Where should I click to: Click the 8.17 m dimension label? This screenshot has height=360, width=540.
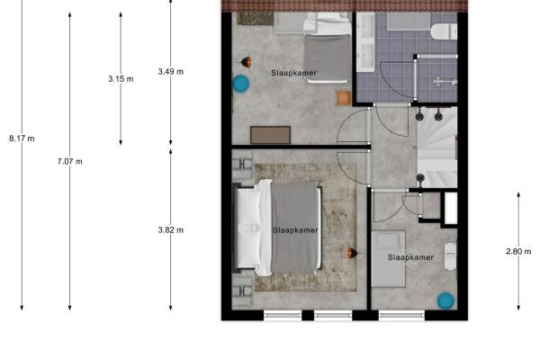tap(22, 139)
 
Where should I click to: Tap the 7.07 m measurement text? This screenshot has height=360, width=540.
tap(70, 161)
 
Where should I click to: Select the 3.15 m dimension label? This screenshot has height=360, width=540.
tap(121, 79)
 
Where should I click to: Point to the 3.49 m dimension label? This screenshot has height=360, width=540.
tap(171, 72)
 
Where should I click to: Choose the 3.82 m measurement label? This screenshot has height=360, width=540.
tap(171, 229)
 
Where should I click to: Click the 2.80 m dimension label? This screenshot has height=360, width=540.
tap(518, 251)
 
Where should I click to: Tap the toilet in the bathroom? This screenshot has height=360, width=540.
tap(444, 31)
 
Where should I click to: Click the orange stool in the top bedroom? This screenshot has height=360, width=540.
tap(344, 98)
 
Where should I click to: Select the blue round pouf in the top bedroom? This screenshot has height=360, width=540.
tap(241, 84)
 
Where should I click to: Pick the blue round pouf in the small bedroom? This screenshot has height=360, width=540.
tap(445, 301)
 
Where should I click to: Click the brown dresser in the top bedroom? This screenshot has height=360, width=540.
tap(270, 135)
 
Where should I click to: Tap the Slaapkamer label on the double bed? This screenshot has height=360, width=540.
tap(295, 230)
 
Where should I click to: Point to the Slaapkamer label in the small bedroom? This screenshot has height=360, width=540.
tap(410, 257)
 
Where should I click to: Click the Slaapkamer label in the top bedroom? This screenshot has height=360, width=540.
tap(293, 73)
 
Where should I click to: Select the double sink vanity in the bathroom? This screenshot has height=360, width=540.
tap(365, 42)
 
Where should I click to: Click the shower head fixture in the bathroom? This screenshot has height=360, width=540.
tap(445, 82)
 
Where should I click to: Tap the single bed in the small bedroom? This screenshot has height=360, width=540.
tap(389, 259)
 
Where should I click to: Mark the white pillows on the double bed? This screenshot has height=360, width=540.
tap(248, 228)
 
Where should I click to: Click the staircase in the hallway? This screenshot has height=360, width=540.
tap(437, 148)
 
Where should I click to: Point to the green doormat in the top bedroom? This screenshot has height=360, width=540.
tap(256, 19)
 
